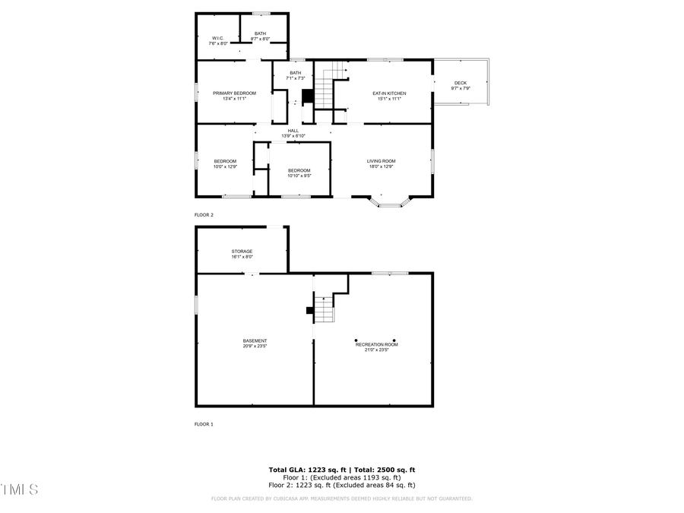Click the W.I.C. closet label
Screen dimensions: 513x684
pos(218,40)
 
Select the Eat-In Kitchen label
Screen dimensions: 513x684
pos(389,96)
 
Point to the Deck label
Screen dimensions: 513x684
pos(461,85)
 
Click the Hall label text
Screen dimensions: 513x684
pos(293,133)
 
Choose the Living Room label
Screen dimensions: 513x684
pos(382,163)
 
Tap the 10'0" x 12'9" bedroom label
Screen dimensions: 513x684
pos(225,163)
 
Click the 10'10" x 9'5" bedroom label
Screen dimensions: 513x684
pos(299,173)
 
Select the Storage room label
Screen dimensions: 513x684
pos(242,254)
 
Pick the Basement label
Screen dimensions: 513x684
pos(255,343)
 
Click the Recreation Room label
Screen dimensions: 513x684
pos(377,347)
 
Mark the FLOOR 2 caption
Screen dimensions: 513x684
pos(204,215)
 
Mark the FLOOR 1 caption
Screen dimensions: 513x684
pos(204,424)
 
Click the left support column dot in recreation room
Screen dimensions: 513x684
pos(356,340)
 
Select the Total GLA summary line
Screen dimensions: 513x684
pos(342,470)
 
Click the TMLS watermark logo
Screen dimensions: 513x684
pos(19,489)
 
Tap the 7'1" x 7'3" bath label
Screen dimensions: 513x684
pos(296,75)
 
